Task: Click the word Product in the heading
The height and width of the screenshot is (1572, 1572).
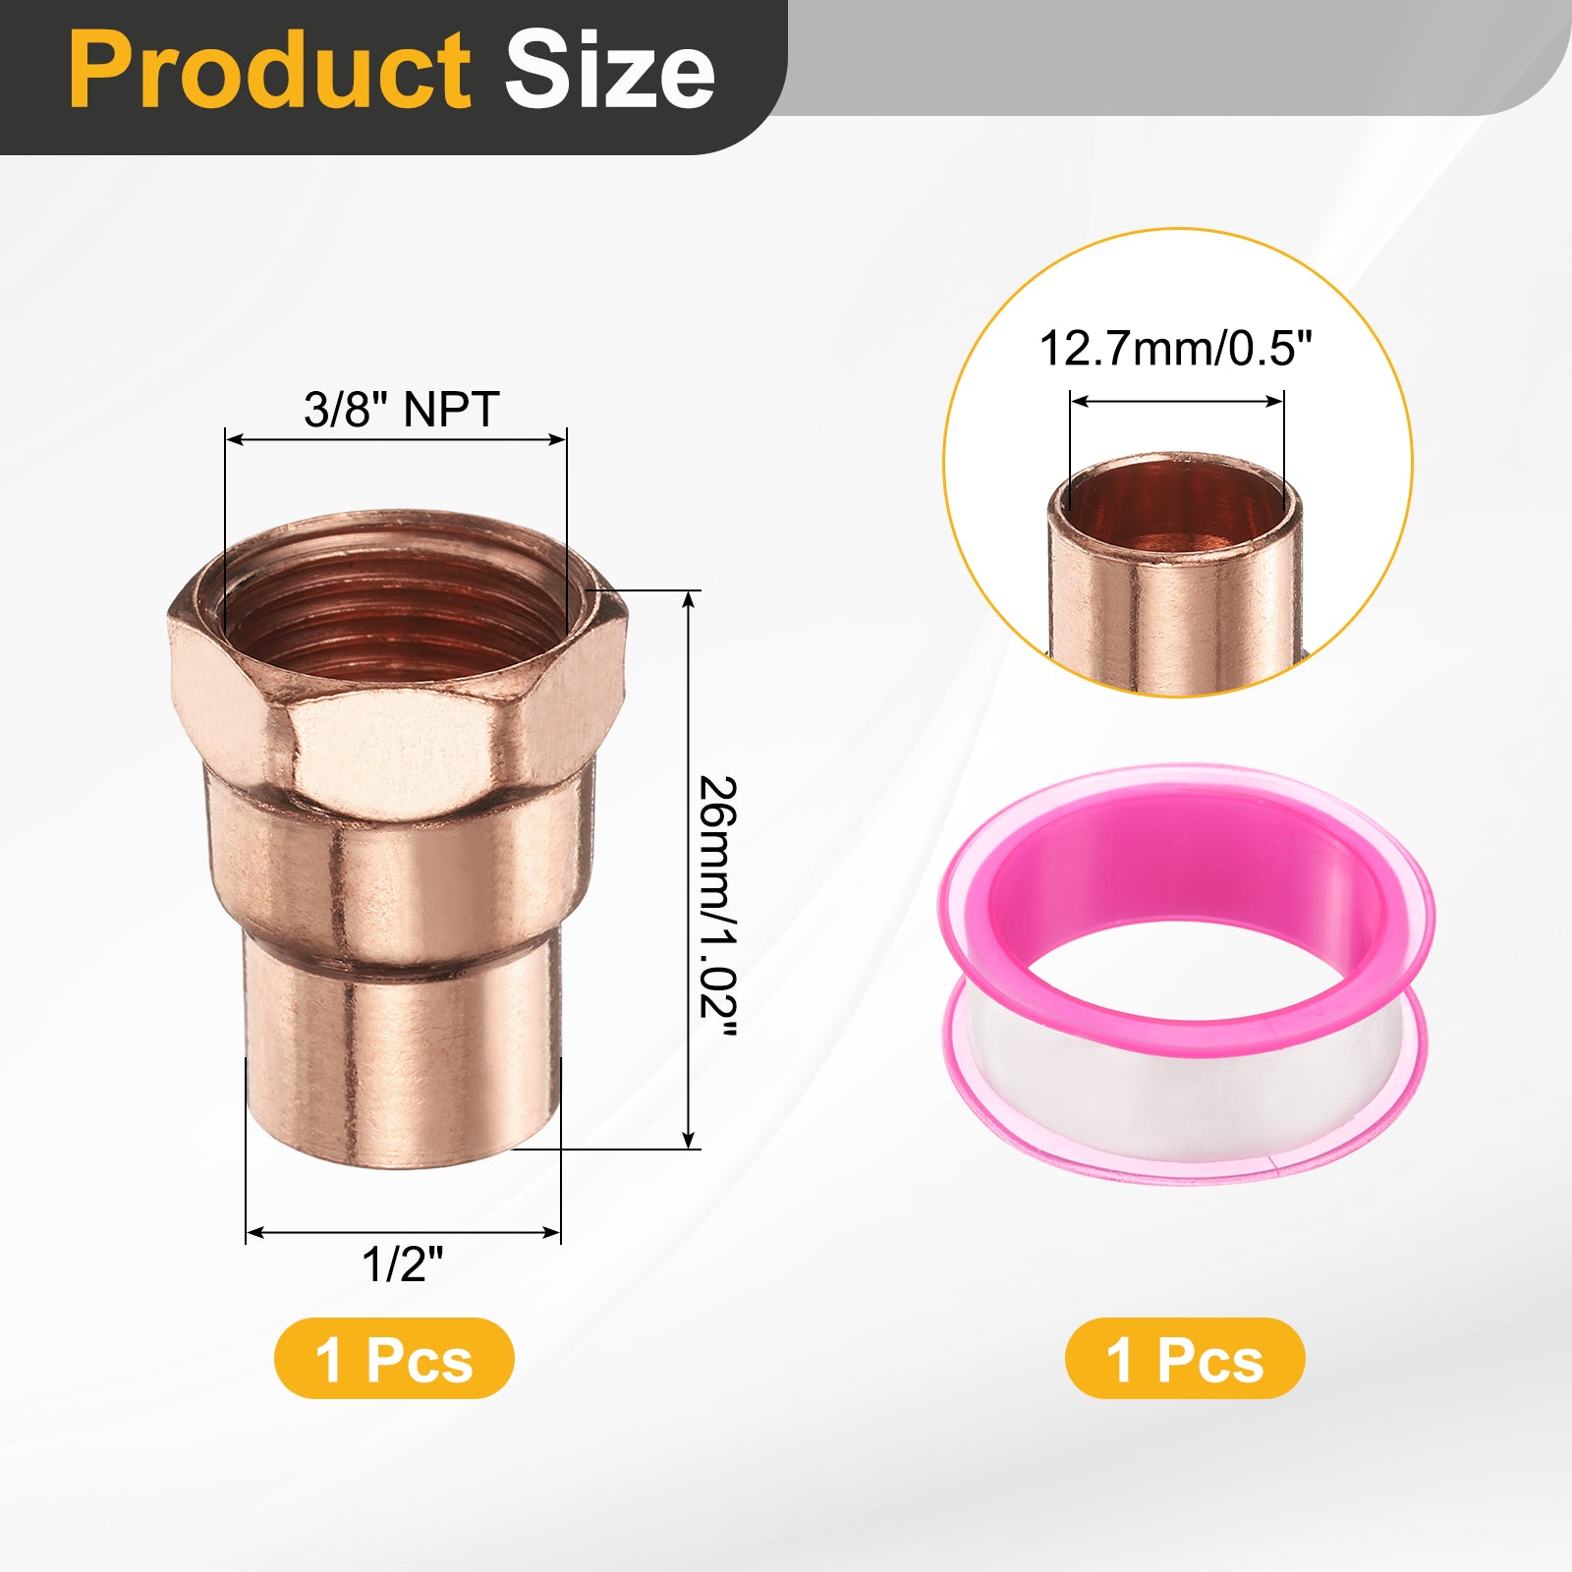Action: tap(270, 71)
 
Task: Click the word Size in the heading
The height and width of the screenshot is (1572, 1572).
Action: tap(609, 71)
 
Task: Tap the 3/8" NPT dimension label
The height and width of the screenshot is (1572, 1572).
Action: tap(402, 409)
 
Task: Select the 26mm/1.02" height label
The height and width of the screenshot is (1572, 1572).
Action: tap(717, 905)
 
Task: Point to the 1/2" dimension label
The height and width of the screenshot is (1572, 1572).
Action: tap(403, 1264)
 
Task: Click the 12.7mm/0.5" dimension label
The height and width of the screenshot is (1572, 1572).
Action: tap(1176, 349)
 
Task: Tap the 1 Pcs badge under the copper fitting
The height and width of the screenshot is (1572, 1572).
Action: tap(394, 1359)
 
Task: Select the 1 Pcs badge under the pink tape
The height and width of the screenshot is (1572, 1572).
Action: tap(1185, 1359)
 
